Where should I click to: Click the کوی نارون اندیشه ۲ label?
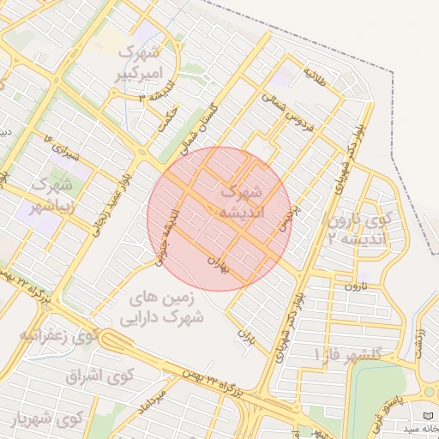pyautogui.click(x=360, y=228)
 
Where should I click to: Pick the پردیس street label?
pyautogui.click(x=291, y=220)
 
